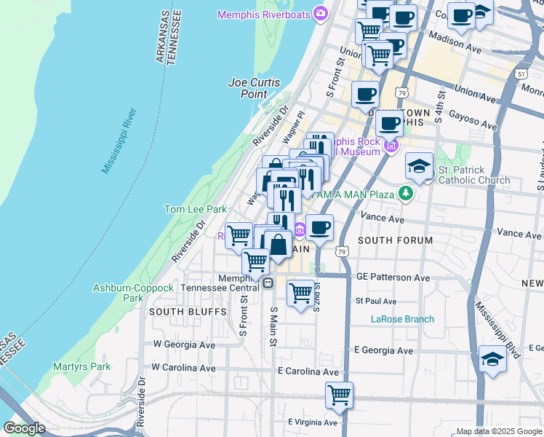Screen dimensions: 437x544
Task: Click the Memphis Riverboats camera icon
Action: [x=320, y=14]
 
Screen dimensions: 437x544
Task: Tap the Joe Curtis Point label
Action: [x=255, y=89]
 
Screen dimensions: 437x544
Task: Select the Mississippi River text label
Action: [x=119, y=141]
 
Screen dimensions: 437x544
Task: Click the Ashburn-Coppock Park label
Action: [x=133, y=293]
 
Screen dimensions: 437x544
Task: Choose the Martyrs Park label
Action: [x=81, y=366]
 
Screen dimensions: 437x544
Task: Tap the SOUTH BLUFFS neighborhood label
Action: [x=178, y=311]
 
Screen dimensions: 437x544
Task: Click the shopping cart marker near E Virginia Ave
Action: [x=339, y=395]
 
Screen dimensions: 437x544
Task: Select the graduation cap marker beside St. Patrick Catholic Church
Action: [x=420, y=167]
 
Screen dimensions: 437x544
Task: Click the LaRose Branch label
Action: [x=402, y=319]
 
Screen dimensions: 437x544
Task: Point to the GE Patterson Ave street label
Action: [x=393, y=277]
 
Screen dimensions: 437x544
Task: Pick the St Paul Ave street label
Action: [x=375, y=301]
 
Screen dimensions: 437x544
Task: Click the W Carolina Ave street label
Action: [x=184, y=368]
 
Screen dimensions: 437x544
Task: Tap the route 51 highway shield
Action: [x=521, y=74]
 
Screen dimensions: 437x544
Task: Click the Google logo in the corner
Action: [x=24, y=428]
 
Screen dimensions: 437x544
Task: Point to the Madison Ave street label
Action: [x=456, y=44]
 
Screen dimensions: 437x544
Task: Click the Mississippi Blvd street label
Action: [x=498, y=331]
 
